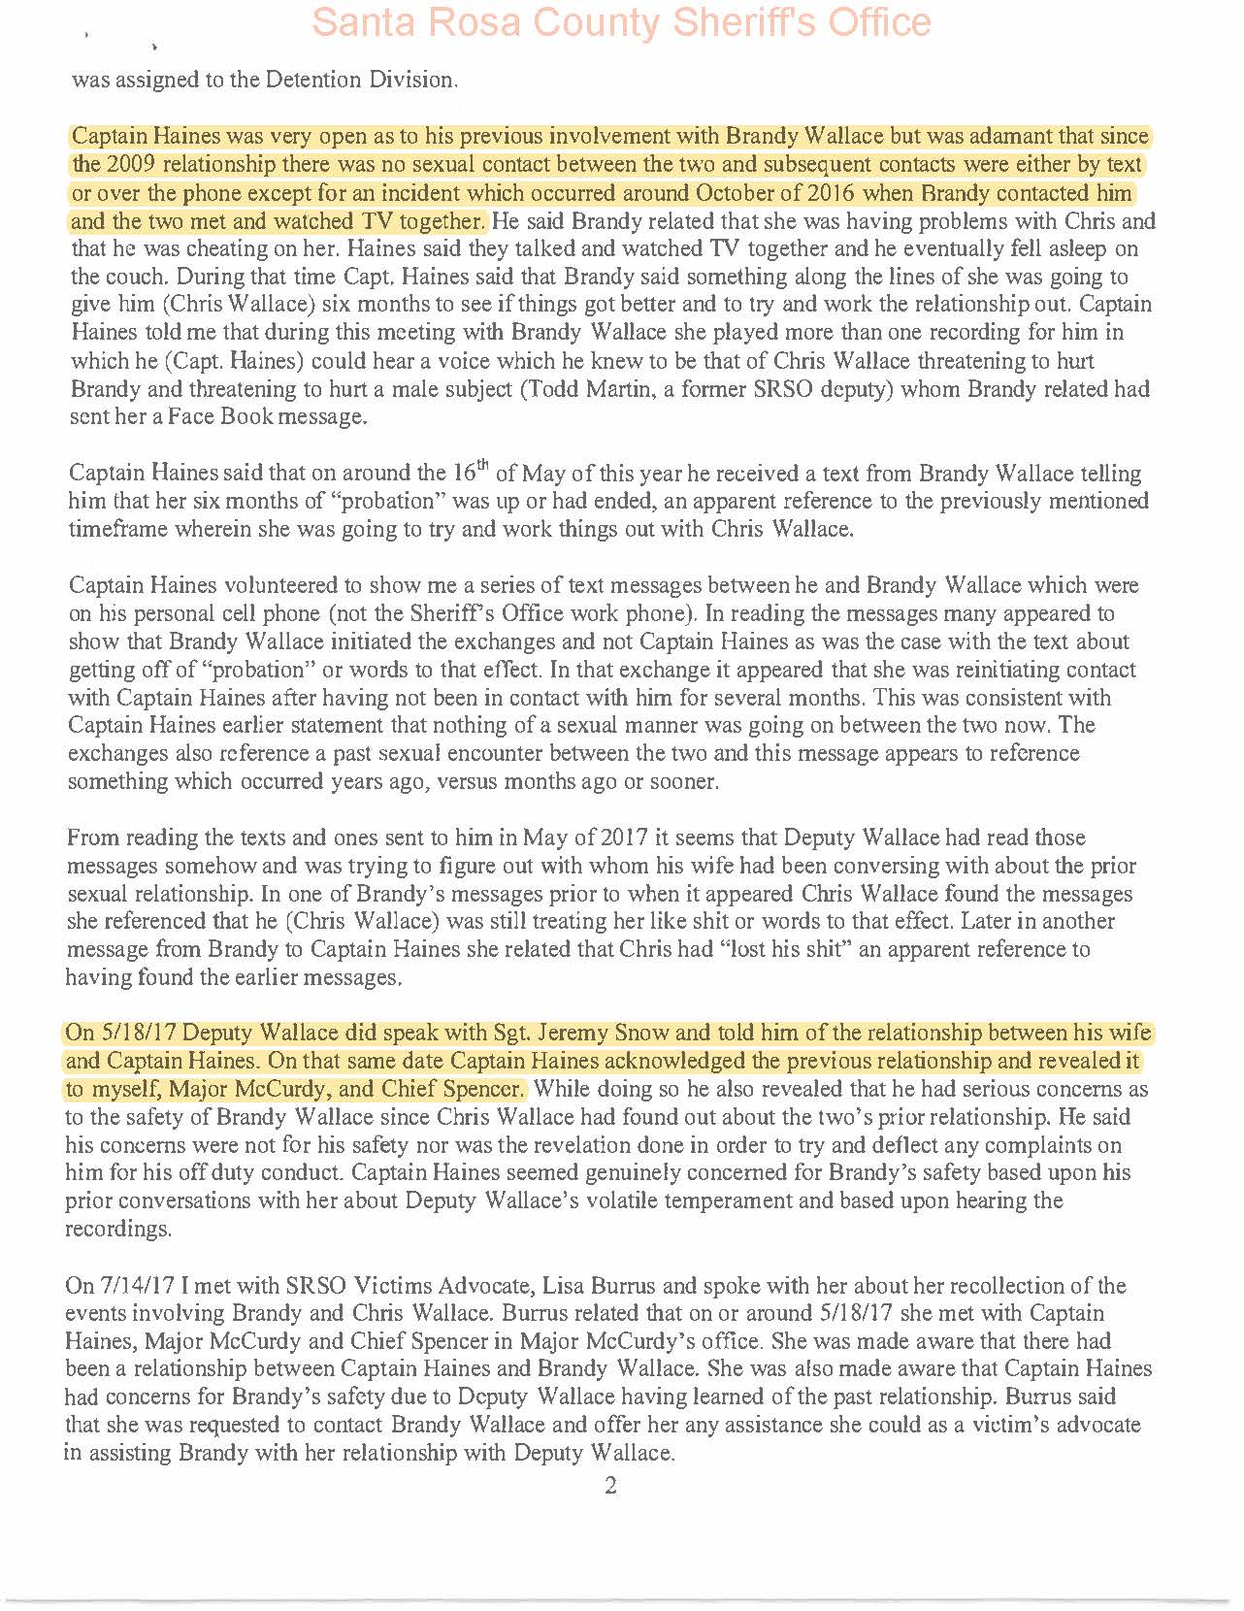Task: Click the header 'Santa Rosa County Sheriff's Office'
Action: tap(622, 22)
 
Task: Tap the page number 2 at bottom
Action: tap(610, 1486)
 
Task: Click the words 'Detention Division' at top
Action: tap(368, 80)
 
